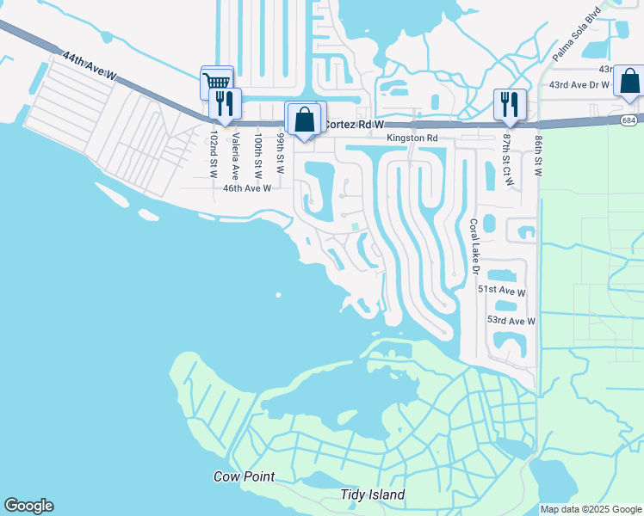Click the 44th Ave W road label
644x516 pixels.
point(90,65)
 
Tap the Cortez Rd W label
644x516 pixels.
point(352,125)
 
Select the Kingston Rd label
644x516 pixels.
point(412,138)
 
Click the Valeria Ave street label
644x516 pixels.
point(235,156)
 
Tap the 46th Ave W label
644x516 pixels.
point(247,187)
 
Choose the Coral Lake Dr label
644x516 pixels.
point(474,247)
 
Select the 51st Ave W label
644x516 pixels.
point(501,292)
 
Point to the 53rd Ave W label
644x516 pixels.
point(511,321)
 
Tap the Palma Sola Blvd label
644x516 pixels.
point(573,40)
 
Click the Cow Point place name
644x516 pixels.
point(244,476)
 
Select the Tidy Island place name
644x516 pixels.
point(372,495)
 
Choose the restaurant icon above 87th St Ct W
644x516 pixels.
point(509,104)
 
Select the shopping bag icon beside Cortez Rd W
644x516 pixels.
point(305,118)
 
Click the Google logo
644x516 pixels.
point(28,506)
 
